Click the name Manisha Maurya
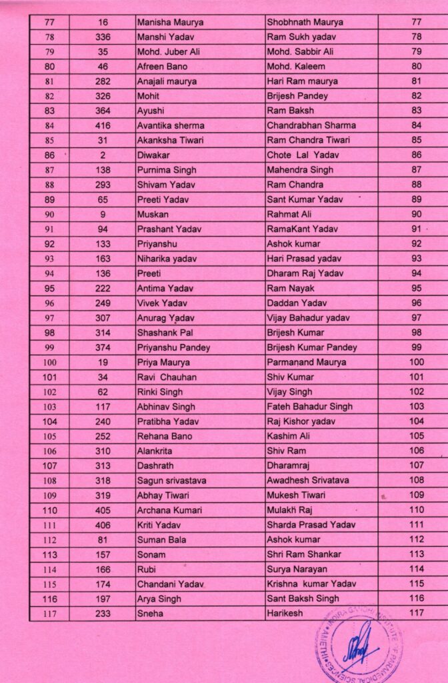tap(170, 23)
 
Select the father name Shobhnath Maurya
tap(301, 23)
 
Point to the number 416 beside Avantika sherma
tap(103, 125)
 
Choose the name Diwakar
tap(153, 155)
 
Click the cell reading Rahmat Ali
tap(289, 214)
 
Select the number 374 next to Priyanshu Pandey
tap(103, 348)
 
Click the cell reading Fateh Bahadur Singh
tap(309, 406)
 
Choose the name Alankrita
tap(157, 451)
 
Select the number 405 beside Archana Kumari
tap(103, 510)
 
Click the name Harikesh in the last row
tap(285, 614)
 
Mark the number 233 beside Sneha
tap(103, 614)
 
